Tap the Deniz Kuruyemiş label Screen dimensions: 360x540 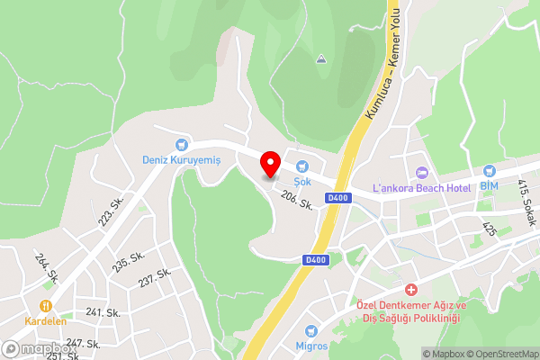pos(182,159)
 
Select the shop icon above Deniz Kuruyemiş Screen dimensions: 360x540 pos(182,144)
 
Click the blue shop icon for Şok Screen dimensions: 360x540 pos(302,165)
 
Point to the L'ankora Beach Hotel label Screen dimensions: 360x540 pos(422,187)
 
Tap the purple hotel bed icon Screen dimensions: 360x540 pos(419,172)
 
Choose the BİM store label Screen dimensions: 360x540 pos(489,185)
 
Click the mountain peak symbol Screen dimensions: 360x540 pos(321,60)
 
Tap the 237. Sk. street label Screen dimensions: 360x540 pos(155,278)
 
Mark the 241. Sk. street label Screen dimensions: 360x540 pos(103,312)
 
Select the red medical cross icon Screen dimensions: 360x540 pos(411,290)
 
